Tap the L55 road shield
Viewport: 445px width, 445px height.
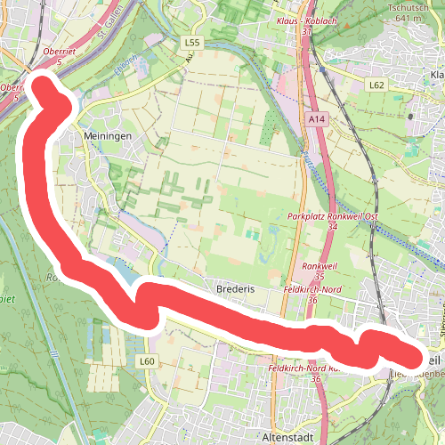pos(190,42)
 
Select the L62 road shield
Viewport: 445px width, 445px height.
pos(376,85)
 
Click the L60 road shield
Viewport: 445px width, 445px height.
pos(147,360)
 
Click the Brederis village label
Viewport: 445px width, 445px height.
pos(236,290)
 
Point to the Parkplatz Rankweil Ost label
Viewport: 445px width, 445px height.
pos(333,217)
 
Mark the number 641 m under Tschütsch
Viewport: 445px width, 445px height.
pos(406,18)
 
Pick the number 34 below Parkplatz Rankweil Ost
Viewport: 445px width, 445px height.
pos(332,228)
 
